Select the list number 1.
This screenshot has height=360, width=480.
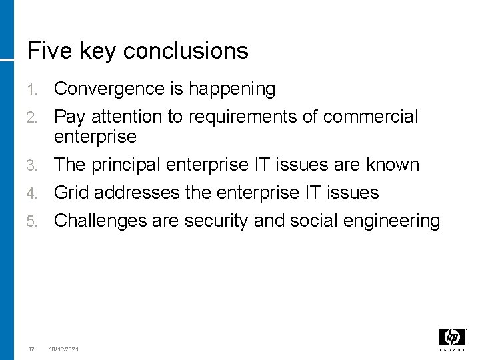coord(33,89)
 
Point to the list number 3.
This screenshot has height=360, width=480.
coord(33,165)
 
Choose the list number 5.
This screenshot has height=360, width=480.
coord(33,221)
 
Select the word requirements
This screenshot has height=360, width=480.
coord(247,117)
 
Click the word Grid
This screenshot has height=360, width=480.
coord(71,193)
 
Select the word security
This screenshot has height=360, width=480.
coord(217,221)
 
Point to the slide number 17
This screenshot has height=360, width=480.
coord(31,349)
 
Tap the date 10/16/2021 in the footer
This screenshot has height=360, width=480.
coord(63,349)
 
